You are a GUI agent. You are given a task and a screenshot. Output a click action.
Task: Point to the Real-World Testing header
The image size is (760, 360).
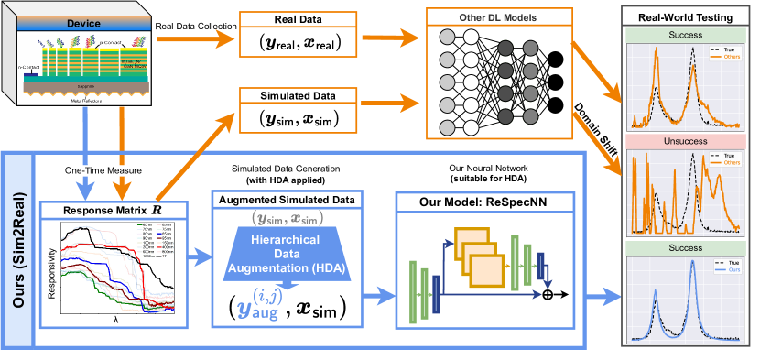(685, 16)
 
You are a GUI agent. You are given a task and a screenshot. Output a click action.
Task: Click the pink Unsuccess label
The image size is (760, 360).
(685, 141)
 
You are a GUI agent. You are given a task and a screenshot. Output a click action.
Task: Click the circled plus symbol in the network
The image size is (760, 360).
(548, 295)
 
